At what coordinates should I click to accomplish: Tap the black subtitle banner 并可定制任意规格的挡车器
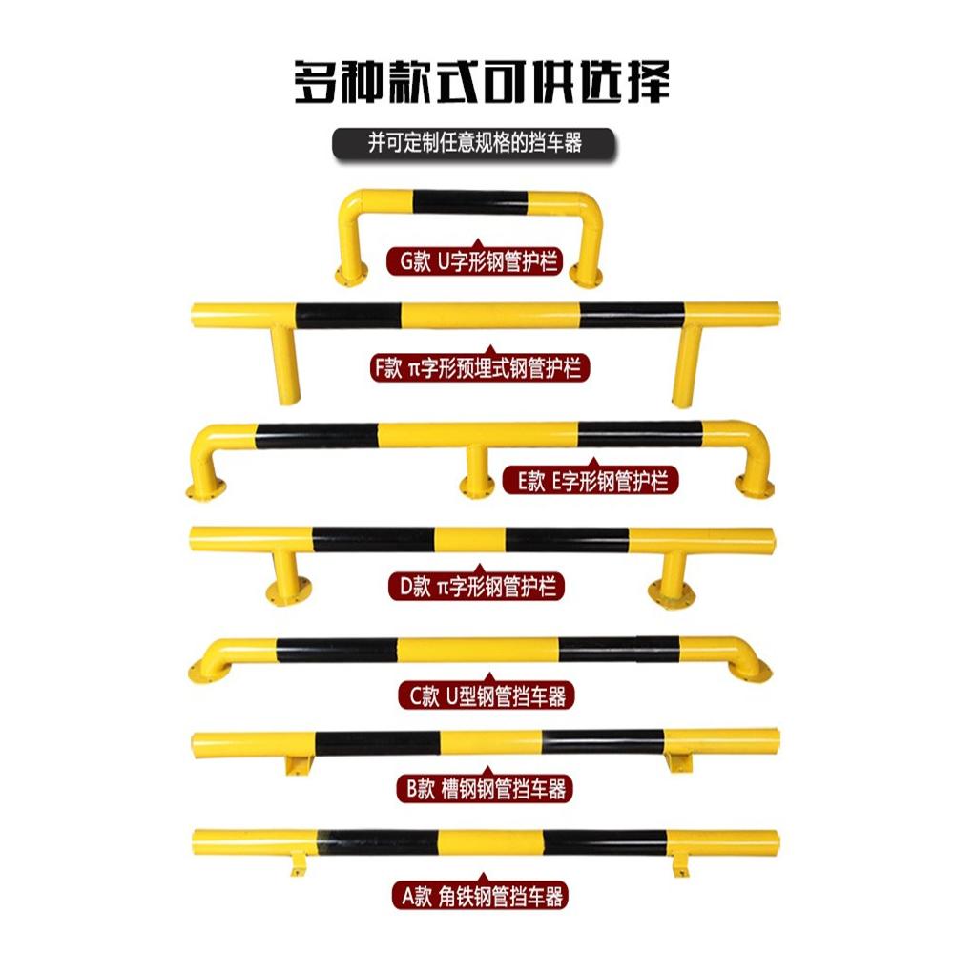pyautogui.click(x=474, y=143)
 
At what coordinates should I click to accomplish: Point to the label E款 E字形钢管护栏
pyautogui.click(x=592, y=480)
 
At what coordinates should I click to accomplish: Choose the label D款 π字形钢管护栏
pyautogui.click(x=475, y=586)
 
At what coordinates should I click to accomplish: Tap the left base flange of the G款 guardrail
pyautogui.click(x=348, y=277)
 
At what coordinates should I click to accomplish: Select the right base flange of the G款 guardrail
pyautogui.click(x=585, y=277)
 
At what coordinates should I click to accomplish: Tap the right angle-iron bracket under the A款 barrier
pyautogui.click(x=681, y=866)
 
